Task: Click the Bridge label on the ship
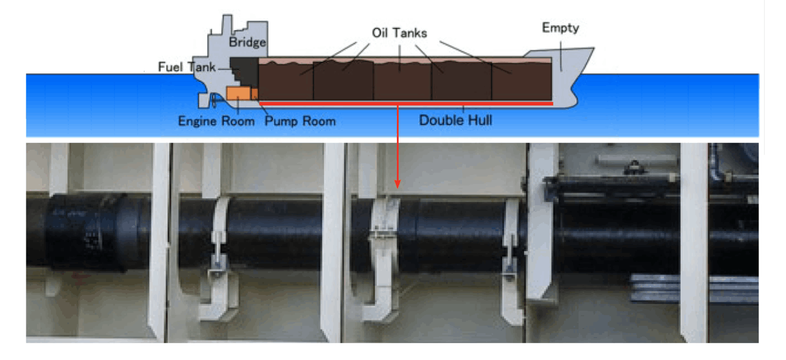[247, 43]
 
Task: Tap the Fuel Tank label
[187, 67]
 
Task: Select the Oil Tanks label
[399, 33]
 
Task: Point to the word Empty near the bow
[560, 28]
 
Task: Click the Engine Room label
[216, 121]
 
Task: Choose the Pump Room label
[300, 121]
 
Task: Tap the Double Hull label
[455, 120]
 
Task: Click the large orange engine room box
[237, 94]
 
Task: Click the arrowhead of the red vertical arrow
[397, 183]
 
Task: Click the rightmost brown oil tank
[521, 80]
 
